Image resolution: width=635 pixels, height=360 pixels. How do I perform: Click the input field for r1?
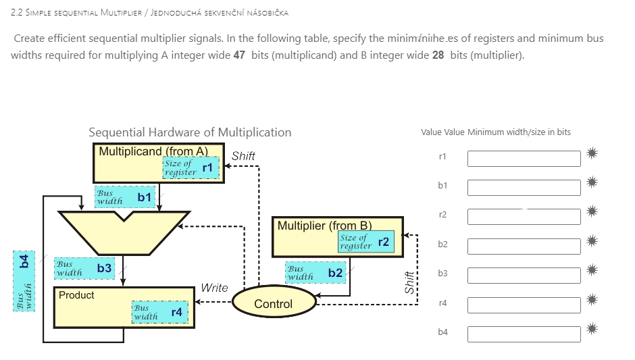pos(524,158)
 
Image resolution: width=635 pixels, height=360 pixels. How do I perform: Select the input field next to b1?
pos(524,187)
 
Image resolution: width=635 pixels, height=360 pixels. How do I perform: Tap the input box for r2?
pos(524,217)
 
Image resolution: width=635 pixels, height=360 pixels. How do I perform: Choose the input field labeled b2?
pos(524,246)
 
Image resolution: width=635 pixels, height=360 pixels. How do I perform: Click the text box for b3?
pos(524,275)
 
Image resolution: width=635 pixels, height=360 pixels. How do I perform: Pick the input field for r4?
pos(524,305)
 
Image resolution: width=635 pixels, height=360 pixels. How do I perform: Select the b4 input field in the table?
pos(524,334)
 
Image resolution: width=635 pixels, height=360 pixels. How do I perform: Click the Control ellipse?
pos(273,304)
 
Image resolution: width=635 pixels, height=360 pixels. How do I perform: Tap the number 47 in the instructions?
pos(239,55)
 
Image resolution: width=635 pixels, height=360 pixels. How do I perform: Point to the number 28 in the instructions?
pos(438,55)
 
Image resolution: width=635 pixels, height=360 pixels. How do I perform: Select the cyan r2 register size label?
pos(365,242)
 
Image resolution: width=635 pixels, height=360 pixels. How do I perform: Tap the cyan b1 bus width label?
pos(125,197)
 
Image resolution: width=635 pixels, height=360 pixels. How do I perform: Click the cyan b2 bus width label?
pos(315,273)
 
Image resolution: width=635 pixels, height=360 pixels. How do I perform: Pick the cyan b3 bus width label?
pos(84,268)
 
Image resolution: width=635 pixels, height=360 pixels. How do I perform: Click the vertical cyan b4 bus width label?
pos(25,280)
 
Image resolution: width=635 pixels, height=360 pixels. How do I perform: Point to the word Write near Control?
pos(214,288)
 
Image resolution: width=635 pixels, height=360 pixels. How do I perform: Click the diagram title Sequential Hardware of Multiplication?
pos(190,132)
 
